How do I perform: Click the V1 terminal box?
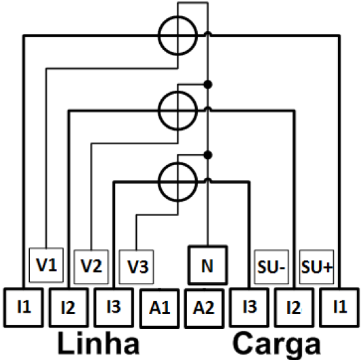pos(46,265)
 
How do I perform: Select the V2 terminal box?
pos(91,267)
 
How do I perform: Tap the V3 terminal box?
pos(136,267)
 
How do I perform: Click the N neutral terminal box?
pos(207,265)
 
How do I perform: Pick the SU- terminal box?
pos(272,267)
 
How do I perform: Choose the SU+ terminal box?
pos(317,267)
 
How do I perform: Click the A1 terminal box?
pos(160,308)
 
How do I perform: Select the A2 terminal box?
pos(205,308)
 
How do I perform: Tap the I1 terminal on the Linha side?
pos(24,307)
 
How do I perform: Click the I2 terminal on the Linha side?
pos(69,307)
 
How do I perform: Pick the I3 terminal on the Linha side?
pos(114,307)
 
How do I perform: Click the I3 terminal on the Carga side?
pos(249,307)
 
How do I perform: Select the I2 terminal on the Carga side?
pos(294,307)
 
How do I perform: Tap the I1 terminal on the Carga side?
pos(339,307)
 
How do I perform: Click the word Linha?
pos(98,343)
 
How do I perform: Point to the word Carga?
pos(276,344)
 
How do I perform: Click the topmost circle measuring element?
pos(158,36)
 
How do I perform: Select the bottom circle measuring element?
pos(158,182)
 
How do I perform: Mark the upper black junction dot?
pos(208,85)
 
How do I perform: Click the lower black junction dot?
pos(208,155)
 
